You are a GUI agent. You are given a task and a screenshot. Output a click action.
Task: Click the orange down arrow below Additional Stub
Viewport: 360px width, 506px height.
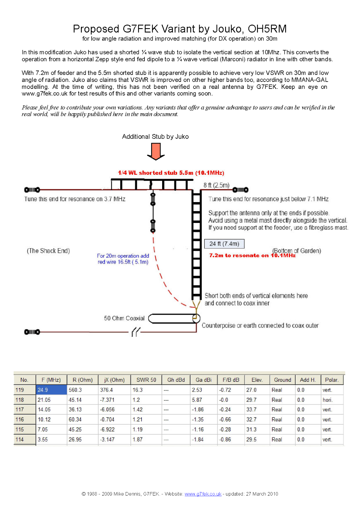point(156,151)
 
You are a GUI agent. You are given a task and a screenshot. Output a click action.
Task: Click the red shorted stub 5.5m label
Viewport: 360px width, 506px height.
point(171,173)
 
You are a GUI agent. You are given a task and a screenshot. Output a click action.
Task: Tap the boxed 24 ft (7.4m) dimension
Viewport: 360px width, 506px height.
point(224,244)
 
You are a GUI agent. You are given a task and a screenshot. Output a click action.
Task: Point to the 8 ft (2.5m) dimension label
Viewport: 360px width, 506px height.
point(217,185)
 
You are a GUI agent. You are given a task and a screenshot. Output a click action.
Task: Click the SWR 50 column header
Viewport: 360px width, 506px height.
point(146,380)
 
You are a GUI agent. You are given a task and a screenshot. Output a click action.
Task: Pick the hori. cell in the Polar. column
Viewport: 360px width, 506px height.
point(327,400)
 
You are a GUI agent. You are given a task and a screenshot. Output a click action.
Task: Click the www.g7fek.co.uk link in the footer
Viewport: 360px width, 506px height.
point(203,494)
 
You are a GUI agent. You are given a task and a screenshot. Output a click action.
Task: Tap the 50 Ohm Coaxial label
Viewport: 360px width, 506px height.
point(124,318)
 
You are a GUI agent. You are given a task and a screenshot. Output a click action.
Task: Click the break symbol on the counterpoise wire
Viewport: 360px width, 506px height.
point(136,332)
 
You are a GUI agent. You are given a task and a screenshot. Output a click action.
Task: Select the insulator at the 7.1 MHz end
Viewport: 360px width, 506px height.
point(241,190)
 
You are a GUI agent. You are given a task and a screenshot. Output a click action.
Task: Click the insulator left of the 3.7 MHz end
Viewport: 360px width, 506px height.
point(32,190)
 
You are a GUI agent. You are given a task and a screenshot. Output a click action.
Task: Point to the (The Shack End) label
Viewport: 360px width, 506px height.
point(48,251)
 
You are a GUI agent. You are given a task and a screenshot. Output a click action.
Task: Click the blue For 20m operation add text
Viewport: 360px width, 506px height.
point(123,256)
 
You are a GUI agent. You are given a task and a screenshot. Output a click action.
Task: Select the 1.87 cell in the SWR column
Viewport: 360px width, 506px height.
point(137,440)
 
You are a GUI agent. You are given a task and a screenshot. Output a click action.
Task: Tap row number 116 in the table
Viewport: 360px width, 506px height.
point(20,420)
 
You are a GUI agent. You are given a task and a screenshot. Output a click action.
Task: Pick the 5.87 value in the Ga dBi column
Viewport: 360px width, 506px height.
point(197,400)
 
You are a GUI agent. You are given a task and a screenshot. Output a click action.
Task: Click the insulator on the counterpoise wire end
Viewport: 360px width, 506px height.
point(32,332)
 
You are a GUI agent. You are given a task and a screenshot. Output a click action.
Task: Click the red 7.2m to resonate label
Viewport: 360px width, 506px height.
point(252,256)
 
